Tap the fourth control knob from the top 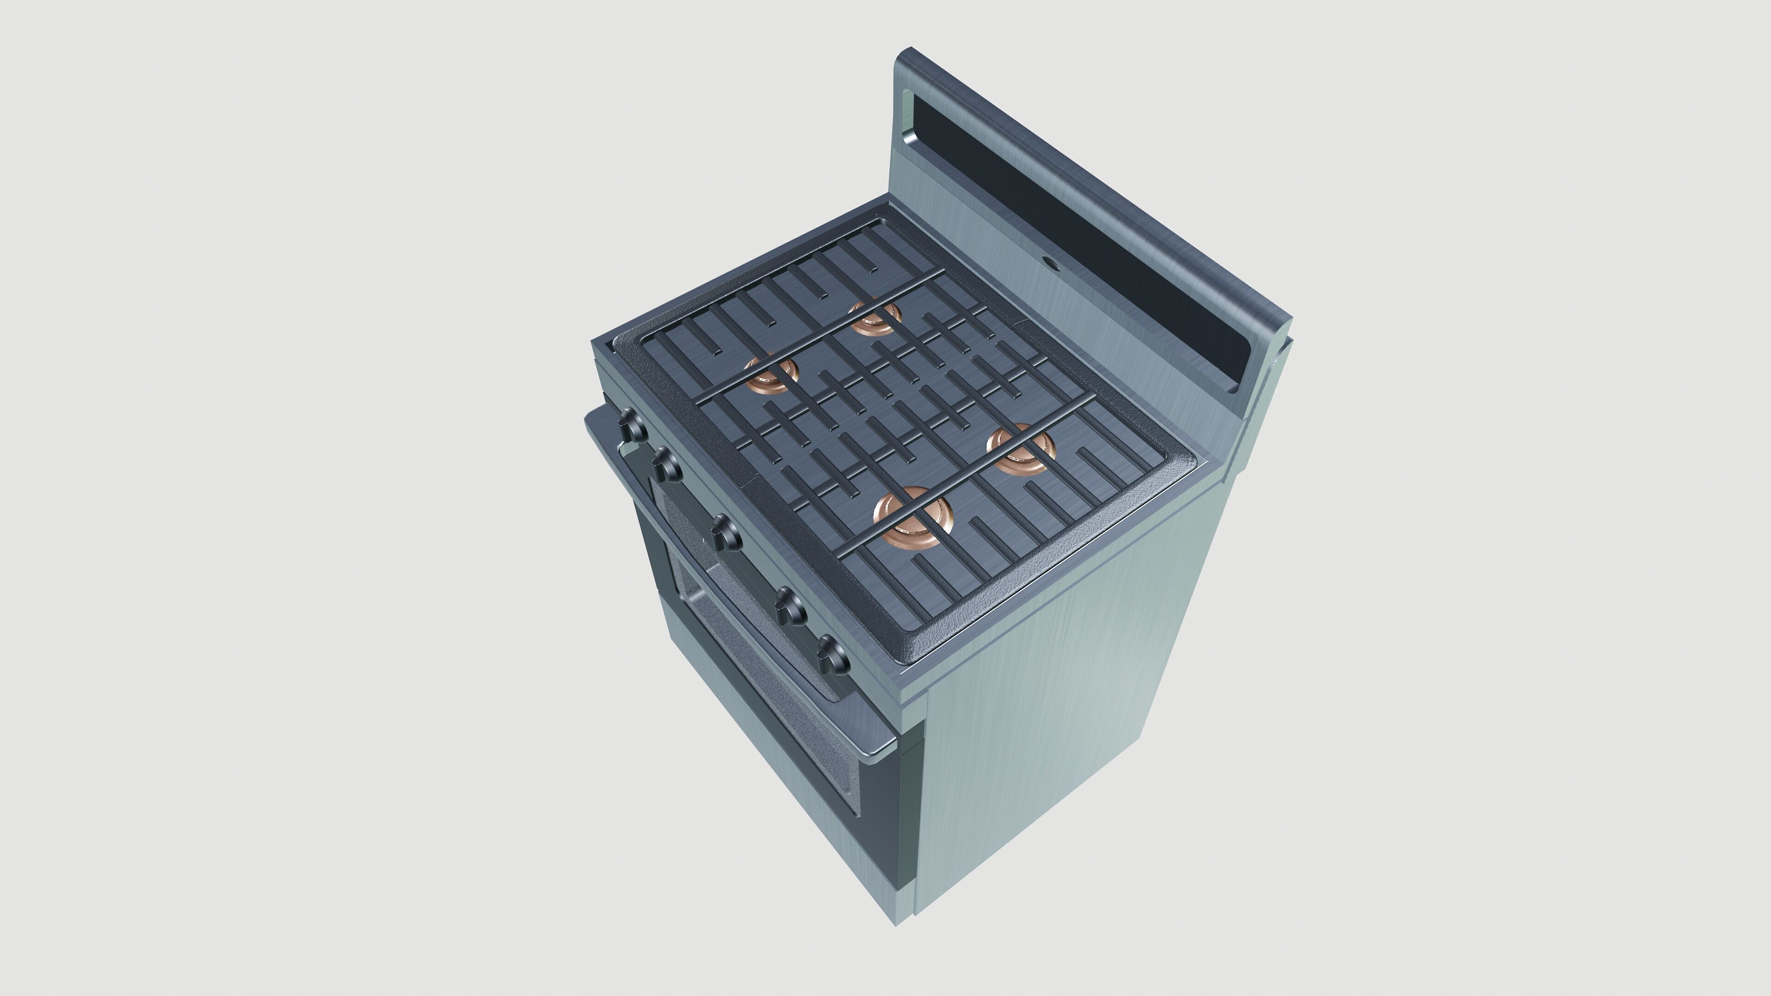[792, 606]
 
